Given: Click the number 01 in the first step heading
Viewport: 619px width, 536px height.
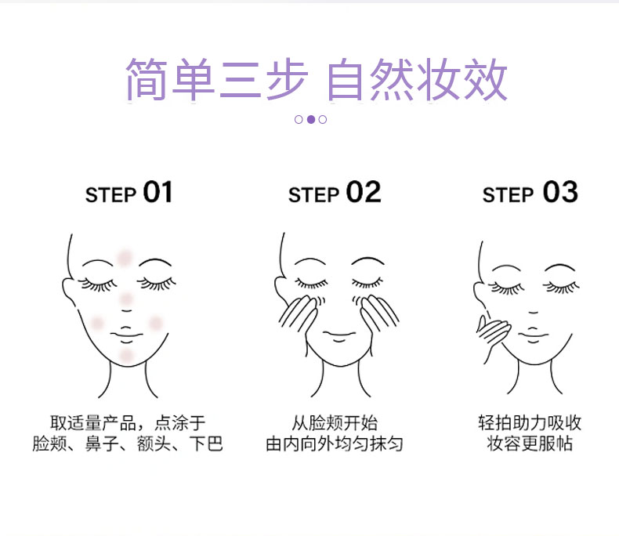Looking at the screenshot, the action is pos(158,192).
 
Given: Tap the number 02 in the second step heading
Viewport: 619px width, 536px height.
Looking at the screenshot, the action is pos(364,192).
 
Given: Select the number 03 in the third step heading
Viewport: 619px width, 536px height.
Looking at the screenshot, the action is pos(560,192).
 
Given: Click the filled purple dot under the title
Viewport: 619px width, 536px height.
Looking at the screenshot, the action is pos(311,119).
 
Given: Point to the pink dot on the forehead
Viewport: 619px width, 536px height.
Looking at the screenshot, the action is pos(125,257).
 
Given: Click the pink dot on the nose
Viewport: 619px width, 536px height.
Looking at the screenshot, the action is pos(126,299).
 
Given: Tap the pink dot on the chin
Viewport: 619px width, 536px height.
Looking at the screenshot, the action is pos(126,356).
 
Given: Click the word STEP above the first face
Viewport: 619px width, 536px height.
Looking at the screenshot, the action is pos(110,195).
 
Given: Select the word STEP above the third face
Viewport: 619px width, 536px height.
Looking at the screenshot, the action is pos(508,195).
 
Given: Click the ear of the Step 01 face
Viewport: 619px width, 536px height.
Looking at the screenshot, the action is pos(67,288).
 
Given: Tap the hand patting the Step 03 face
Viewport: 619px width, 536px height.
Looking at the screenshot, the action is pos(492,331).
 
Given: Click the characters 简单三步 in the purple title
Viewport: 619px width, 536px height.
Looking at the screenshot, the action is pos(216,79).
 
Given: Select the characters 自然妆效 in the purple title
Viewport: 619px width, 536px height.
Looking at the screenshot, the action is pos(417,79).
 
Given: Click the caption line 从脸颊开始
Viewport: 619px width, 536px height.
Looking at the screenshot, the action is pos(335,422).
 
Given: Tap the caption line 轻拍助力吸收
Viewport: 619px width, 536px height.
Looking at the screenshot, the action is pos(530,422).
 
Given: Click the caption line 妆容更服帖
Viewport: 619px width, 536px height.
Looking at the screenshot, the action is pos(530,444).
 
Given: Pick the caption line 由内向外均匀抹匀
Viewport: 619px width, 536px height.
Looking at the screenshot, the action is pos(335,444).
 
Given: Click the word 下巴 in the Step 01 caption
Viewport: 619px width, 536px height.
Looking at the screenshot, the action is pos(206,444).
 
